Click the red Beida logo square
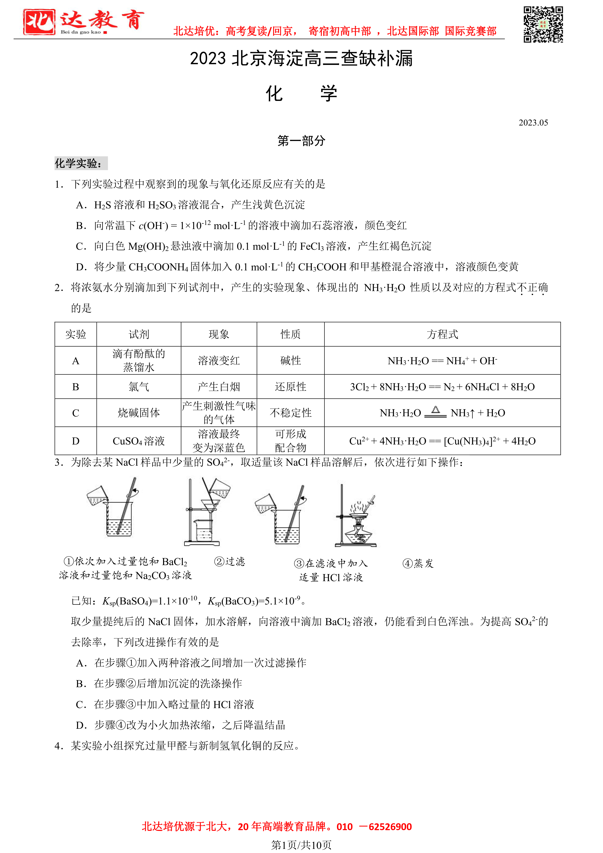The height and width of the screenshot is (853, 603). [x=39, y=22]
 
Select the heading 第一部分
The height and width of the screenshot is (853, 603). [x=301, y=141]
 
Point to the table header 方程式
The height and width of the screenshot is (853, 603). [x=442, y=334]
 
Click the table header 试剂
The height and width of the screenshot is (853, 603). [x=139, y=334]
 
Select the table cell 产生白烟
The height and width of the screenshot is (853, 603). [x=219, y=387]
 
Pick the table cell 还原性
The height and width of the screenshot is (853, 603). [x=290, y=387]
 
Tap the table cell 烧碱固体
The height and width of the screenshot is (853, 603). [x=139, y=413]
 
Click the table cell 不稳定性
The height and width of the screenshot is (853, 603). [x=290, y=413]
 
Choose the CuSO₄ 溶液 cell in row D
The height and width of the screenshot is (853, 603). [x=139, y=441]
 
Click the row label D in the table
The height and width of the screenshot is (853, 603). [x=76, y=441]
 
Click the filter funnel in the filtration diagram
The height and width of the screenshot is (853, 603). [x=210, y=506]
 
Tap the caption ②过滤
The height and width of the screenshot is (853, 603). [x=229, y=561]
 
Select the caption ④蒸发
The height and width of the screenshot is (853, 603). [x=418, y=563]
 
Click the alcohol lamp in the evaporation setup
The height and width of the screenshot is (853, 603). [x=358, y=535]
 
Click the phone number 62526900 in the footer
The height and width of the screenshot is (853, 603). [x=390, y=827]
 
